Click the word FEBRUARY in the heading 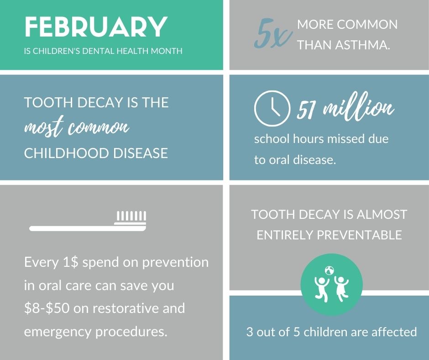tap(96, 27)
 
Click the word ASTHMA tap(362, 44)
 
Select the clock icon tap(272, 108)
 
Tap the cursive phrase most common tap(77, 127)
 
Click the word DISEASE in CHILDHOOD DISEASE tap(141, 153)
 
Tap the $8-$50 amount tap(47, 308)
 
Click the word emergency tap(58, 332)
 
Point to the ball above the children tap(330, 271)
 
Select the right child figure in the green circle tap(341, 289)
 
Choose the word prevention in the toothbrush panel tap(175, 263)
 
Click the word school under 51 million tap(272, 138)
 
